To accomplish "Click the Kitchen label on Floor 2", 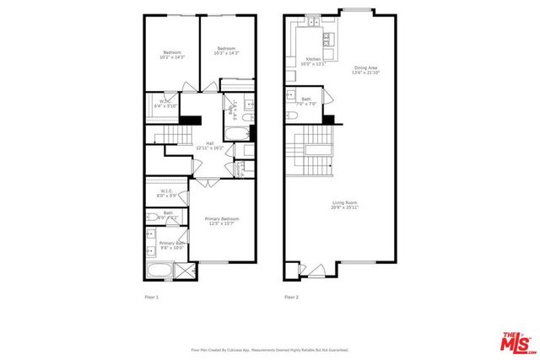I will coord(311,61).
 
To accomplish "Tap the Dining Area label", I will coord(366,73).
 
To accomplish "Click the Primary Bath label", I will coord(172,245).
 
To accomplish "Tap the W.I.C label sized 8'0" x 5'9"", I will coord(167,193).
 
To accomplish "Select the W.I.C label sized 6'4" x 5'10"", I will coord(167,105).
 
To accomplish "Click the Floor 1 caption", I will coord(151,298).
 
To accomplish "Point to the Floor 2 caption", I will coord(291,298).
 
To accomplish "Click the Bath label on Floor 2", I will coord(305,104).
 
